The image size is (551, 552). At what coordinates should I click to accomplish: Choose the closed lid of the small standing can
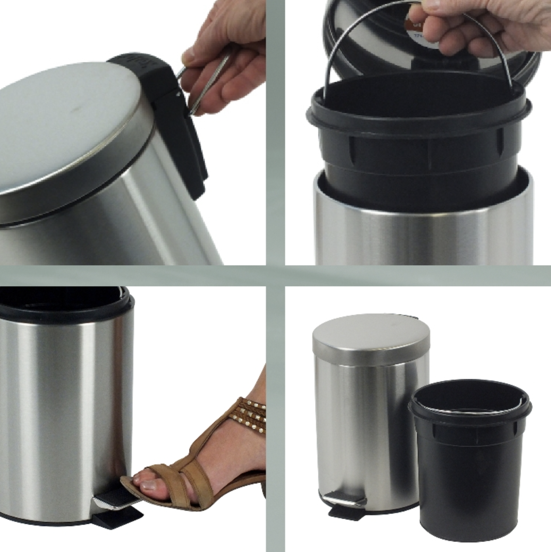pyautogui.click(x=370, y=340)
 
